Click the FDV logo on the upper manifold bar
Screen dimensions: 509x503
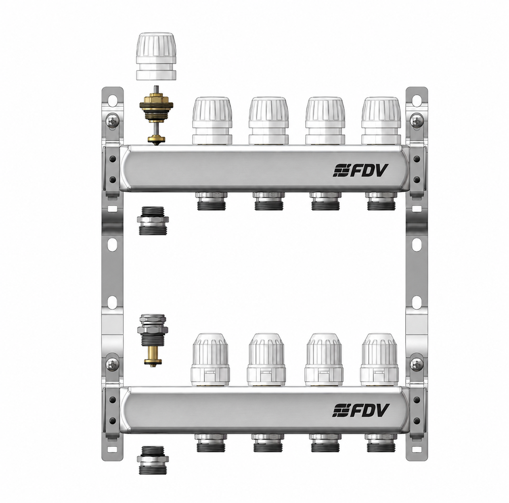pos(360,170)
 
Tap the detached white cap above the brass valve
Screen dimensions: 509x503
pos(156,56)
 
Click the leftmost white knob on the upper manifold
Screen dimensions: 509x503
pos(212,121)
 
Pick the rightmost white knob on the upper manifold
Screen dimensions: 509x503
pos(381,121)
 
